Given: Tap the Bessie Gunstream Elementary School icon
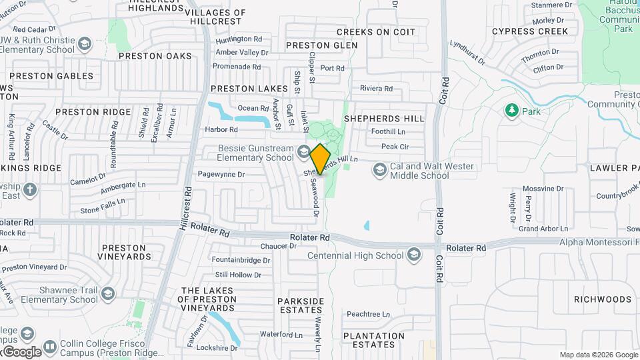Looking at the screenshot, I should (303, 151).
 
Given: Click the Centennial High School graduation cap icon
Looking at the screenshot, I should (414, 255).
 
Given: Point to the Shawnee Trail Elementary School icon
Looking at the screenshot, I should (108, 293).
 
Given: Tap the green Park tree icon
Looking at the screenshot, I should (512, 110).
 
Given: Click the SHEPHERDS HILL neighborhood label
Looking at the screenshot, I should (383, 119).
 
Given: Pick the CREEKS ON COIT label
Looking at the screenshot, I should (376, 32).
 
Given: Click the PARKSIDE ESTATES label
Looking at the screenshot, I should (301, 306).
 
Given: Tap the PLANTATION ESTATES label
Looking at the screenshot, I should (373, 340).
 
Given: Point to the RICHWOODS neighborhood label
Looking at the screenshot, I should (602, 299).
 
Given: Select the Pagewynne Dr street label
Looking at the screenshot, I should (221, 175).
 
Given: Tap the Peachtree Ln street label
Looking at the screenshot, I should (368, 314).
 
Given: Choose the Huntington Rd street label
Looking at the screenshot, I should (239, 39).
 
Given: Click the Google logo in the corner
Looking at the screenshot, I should (21, 351).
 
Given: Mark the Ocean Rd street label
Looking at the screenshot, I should (253, 108).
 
